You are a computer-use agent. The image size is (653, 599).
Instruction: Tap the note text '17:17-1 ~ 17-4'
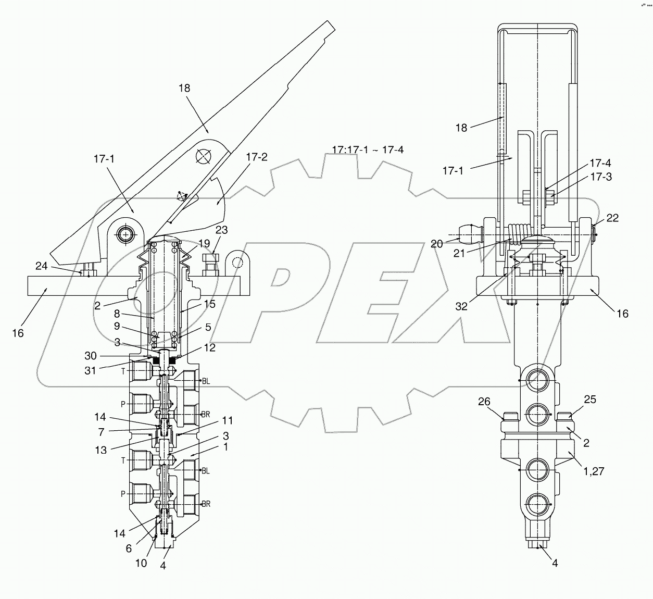click(368, 150)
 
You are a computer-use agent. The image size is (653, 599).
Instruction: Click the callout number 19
click(204, 243)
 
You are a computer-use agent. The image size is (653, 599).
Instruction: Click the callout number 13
click(100, 450)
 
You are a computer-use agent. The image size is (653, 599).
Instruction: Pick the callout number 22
click(612, 218)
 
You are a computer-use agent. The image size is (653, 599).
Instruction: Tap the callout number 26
click(484, 401)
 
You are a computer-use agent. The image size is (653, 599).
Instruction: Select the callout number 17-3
click(586, 177)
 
